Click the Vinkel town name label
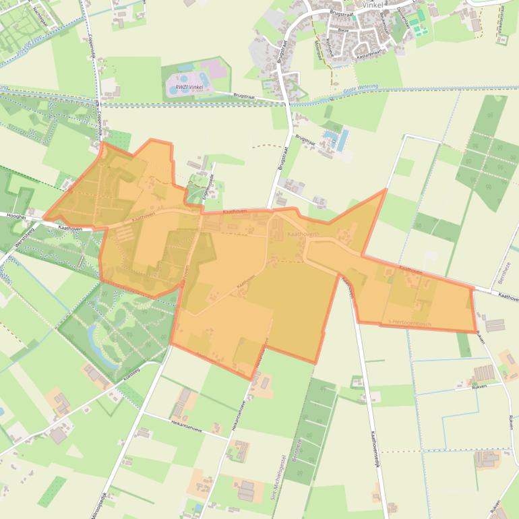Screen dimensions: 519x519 coord(371,4)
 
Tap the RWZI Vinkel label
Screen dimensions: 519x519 coord(189,87)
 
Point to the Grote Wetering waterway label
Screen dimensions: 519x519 coord(361,88)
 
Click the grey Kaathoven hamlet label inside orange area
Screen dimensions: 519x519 coord(300,233)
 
